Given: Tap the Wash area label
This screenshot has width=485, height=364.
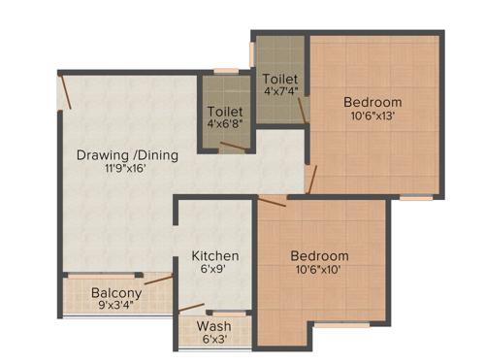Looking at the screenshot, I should (x=213, y=326).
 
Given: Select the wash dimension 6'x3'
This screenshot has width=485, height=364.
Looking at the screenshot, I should (x=213, y=341).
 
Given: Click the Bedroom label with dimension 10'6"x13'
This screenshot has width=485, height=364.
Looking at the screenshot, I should (x=373, y=102).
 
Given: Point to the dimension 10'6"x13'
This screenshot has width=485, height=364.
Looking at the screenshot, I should (x=373, y=116).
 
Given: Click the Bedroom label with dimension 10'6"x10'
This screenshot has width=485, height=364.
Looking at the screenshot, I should (x=319, y=256).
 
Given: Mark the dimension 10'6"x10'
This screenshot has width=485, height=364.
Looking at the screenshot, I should (x=319, y=271).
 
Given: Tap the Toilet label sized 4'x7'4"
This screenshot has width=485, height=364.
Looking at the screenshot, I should (x=280, y=78).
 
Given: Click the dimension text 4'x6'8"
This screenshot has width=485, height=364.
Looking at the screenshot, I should (x=225, y=124).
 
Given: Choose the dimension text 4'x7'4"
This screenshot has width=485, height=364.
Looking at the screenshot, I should (x=280, y=92).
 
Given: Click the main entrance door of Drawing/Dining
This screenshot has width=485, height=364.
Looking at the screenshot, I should (x=65, y=91).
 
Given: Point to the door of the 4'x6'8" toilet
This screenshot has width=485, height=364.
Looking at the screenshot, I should (x=232, y=149).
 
